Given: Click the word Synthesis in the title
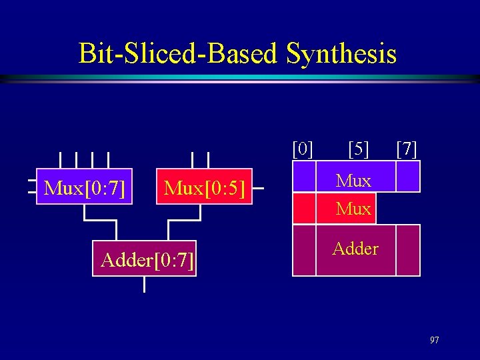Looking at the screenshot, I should [x=341, y=53].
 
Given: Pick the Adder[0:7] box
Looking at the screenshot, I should [x=145, y=258].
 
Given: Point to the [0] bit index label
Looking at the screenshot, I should [x=303, y=148].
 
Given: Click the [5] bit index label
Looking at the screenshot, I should [x=359, y=148].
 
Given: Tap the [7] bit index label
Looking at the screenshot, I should [x=407, y=148].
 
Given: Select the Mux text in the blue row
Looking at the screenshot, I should [x=353, y=180].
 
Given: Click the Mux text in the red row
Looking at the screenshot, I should [x=353, y=209].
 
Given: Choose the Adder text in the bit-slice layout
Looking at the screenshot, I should [x=355, y=249].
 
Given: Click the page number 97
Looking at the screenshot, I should [x=434, y=341].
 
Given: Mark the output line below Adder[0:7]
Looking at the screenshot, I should [x=145, y=285].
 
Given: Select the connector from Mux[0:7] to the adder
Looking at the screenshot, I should [x=100, y=221].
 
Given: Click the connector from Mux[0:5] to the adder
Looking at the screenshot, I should [x=184, y=221].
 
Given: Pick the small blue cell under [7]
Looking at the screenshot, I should [x=408, y=177].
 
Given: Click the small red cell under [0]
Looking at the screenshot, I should [x=304, y=207].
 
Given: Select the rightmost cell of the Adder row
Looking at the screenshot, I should [x=408, y=250].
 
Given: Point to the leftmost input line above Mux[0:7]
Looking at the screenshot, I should [x=60, y=160].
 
